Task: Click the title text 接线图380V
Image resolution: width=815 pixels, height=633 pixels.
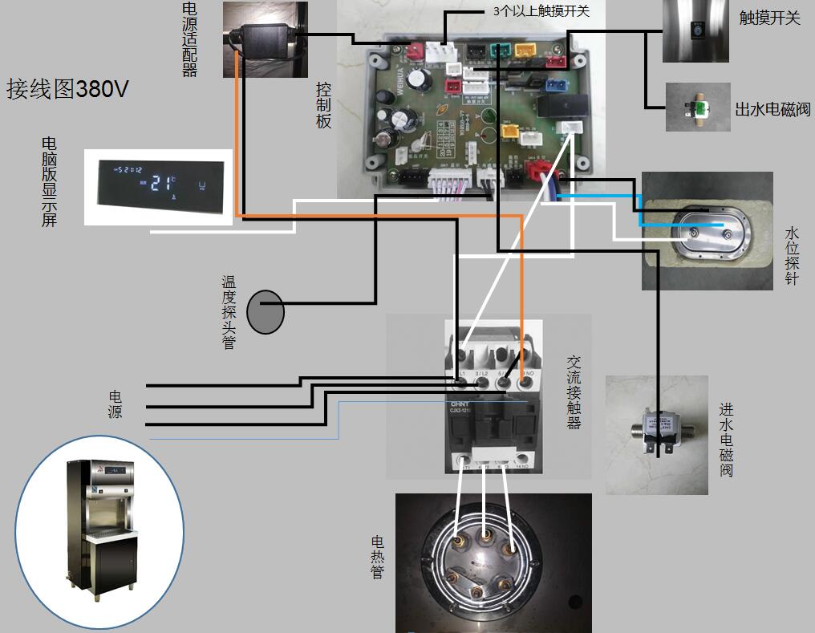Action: pos(67,88)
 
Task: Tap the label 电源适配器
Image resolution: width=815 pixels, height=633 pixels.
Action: pos(189,39)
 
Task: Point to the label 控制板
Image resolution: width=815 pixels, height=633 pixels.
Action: pos(323,104)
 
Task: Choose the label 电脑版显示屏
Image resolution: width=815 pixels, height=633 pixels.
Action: pos(49,182)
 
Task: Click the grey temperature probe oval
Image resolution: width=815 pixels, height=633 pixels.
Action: pos(265,312)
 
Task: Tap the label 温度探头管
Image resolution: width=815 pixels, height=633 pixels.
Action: pos(230,312)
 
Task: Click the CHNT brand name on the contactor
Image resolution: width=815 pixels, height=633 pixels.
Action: pos(458,404)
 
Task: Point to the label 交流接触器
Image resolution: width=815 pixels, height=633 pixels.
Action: pos(574,393)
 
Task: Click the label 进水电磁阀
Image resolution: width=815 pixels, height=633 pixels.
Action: pos(726,440)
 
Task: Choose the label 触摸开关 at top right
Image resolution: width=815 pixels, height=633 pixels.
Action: pos(770,18)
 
